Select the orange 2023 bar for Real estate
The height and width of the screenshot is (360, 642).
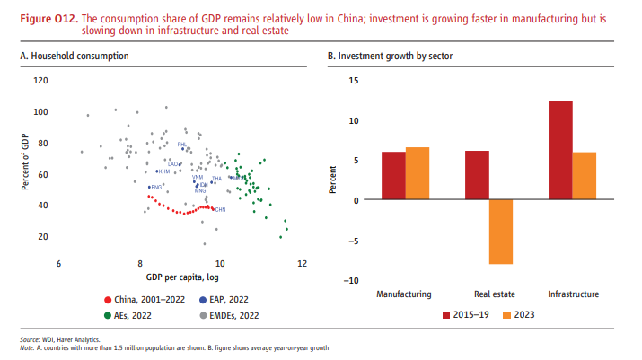(x=500, y=232)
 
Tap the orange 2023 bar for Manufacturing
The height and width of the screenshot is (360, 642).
(x=417, y=173)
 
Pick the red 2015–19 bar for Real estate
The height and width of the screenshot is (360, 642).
(x=477, y=175)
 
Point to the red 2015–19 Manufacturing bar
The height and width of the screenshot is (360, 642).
(x=393, y=176)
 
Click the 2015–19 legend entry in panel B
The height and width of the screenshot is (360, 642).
(x=468, y=315)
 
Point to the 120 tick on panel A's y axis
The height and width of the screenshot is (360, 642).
(x=40, y=80)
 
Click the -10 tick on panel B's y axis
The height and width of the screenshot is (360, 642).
(x=352, y=280)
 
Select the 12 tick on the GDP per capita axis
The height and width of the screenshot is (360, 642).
(x=302, y=264)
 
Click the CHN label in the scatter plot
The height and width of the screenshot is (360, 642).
(x=220, y=209)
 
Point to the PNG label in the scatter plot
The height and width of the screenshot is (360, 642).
(x=155, y=187)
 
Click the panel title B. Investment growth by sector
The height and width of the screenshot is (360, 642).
(x=390, y=57)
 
